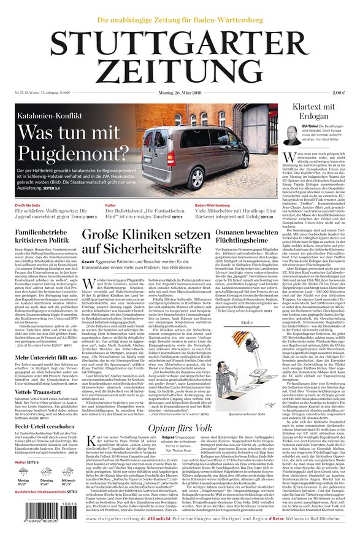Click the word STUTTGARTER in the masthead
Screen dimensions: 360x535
pos(180,44)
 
